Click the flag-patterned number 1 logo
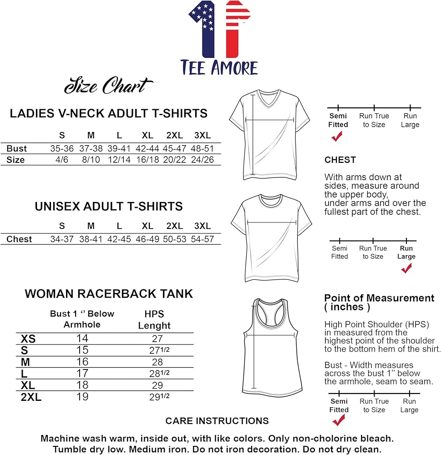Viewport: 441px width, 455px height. tap(219, 30)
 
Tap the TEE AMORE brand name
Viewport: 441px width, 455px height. tap(219, 67)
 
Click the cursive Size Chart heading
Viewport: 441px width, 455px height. tap(108, 86)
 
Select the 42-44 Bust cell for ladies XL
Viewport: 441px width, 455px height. tap(147, 148)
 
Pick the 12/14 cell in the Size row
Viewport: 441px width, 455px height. tap(119, 160)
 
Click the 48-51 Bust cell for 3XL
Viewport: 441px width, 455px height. tap(203, 148)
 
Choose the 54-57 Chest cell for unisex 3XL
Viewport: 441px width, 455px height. tap(203, 239)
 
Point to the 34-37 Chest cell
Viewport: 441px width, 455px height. tap(62, 239)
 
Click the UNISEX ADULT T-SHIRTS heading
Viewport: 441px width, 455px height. tap(109, 207)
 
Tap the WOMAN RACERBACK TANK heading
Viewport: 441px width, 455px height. tap(109, 294)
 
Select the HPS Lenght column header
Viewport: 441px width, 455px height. tap(154, 319)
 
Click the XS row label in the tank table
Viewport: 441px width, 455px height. tap(28, 339)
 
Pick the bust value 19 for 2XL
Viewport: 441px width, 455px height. tap(82, 397)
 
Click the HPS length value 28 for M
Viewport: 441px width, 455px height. tap(157, 362)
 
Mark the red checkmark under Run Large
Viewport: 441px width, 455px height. tap(406, 269)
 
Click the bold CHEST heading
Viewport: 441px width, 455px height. tap(340, 160)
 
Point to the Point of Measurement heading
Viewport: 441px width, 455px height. tap(379, 302)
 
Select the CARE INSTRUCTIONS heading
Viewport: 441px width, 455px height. tap(217, 421)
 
